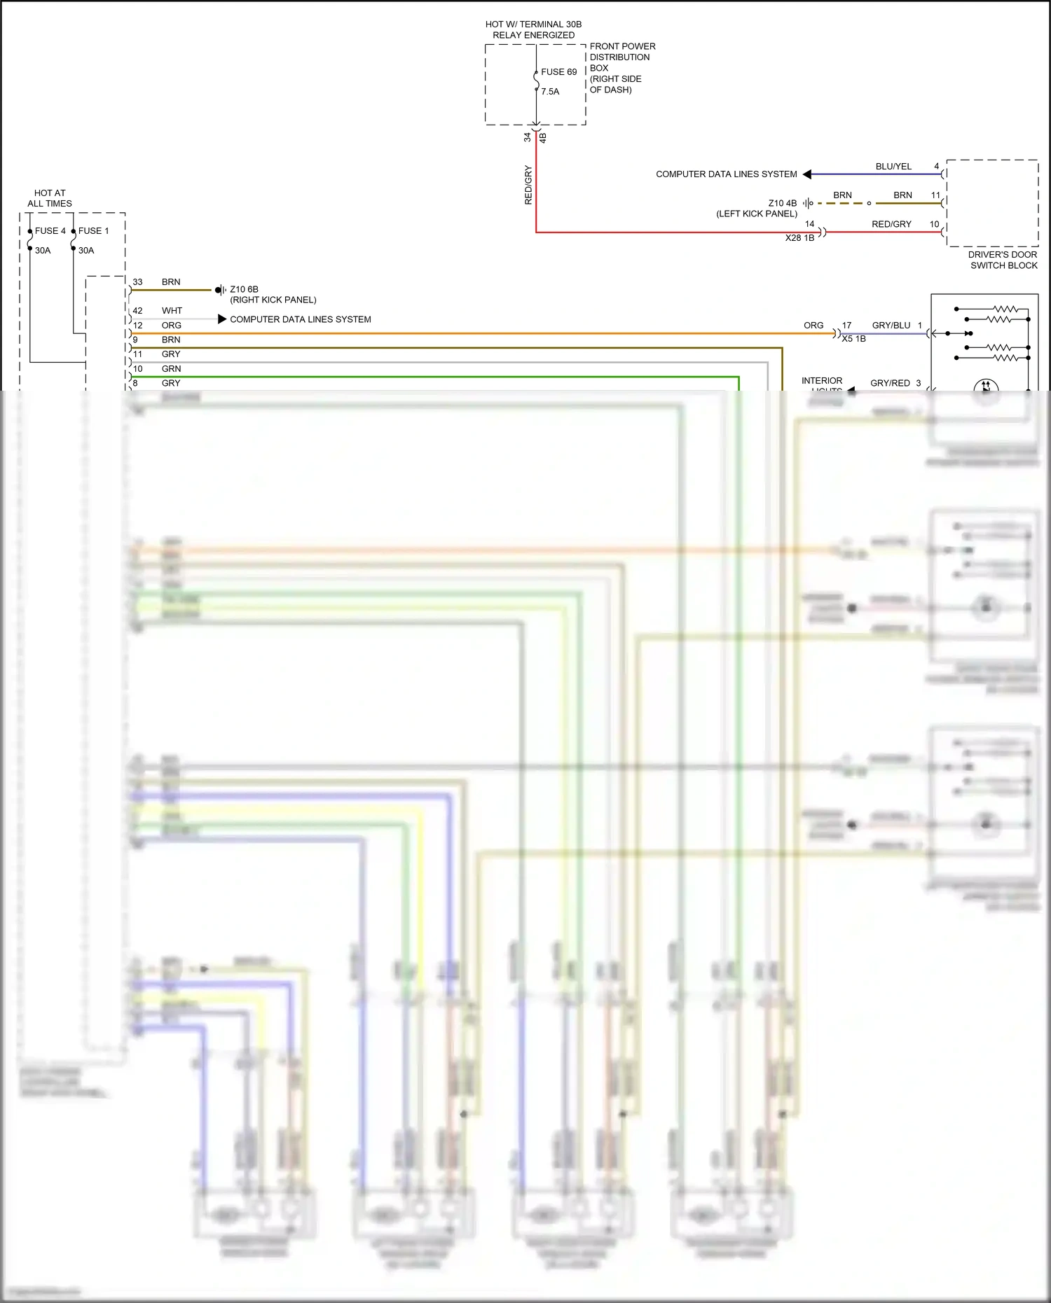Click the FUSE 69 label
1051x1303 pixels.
pos(558,72)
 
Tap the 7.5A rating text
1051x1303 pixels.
pos(550,92)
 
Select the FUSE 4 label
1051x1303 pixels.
pos(50,231)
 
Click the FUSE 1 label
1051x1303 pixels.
pos(93,231)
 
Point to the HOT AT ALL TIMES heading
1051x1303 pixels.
pos(50,198)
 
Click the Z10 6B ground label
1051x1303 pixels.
pos(244,289)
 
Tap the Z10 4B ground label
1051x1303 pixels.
pos(782,204)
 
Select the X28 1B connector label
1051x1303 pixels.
pos(799,238)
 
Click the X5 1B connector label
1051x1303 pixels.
pos(853,339)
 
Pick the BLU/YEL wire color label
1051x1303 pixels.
pos(893,167)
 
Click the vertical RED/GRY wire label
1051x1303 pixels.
pos(528,185)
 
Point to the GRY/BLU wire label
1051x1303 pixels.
pos(891,326)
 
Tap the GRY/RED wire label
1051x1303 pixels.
pos(890,383)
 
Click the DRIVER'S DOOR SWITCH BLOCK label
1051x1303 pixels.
pos(1003,260)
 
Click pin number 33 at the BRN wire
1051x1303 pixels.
pos(137,282)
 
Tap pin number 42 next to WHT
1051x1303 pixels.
pos(137,311)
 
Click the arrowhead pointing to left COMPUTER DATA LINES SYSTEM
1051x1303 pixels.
pos(807,174)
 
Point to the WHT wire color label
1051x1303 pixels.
pos(172,311)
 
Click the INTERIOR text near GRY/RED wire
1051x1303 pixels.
pos(822,381)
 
